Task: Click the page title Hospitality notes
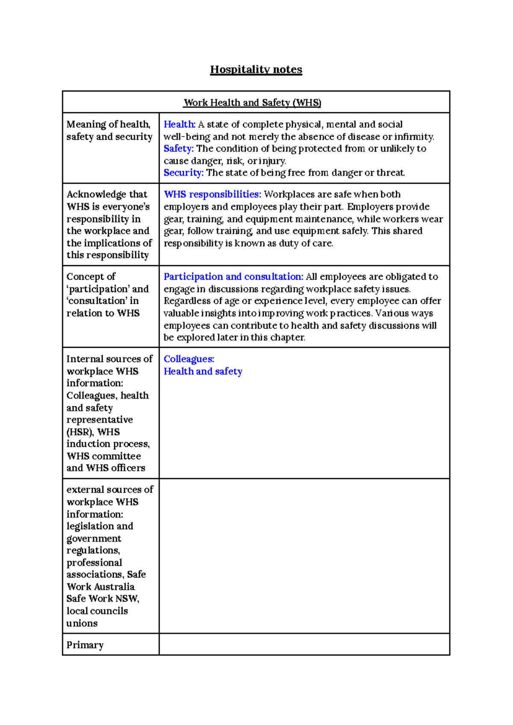click(256, 69)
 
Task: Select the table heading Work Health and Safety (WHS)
click(252, 103)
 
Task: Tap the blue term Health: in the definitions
click(179, 124)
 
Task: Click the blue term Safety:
click(178, 149)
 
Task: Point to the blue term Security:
click(183, 173)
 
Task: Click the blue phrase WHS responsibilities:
click(212, 194)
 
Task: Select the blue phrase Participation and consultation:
click(233, 277)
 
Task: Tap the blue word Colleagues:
click(189, 359)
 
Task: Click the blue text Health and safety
click(203, 372)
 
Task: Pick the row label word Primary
click(85, 645)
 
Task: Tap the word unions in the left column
click(82, 623)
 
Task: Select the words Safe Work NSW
click(102, 599)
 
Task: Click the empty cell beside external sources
click(304, 555)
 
